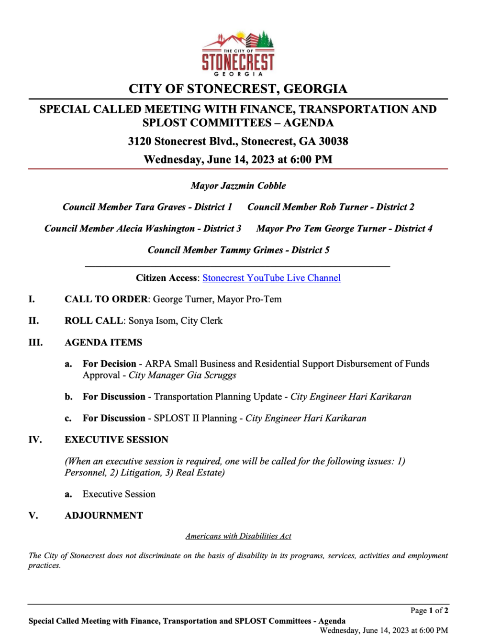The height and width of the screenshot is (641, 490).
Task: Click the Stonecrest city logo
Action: [238, 54]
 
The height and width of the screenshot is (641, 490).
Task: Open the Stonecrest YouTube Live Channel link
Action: [271, 278]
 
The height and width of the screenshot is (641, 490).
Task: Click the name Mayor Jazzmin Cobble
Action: [238, 186]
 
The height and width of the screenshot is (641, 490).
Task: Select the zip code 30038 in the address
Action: [333, 141]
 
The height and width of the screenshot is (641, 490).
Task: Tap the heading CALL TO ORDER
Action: [106, 299]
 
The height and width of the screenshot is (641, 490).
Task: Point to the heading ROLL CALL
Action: [94, 321]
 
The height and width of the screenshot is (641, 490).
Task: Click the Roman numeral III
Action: [35, 343]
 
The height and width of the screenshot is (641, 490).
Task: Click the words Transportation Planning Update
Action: [218, 397]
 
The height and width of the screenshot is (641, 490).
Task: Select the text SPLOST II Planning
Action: [195, 419]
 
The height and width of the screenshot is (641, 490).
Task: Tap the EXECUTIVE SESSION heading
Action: [116, 440]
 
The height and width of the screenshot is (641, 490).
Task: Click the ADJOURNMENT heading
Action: [104, 516]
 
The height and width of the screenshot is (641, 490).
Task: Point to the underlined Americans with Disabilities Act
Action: [238, 536]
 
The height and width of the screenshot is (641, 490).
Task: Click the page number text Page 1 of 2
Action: [429, 610]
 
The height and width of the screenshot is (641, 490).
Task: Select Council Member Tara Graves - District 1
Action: [147, 207]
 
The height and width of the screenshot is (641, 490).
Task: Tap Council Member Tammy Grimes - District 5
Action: [238, 250]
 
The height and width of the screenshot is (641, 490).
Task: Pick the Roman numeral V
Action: [33, 516]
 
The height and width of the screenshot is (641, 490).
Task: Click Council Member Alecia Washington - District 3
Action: [143, 229]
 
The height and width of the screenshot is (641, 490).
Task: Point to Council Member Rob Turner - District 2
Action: [331, 207]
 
